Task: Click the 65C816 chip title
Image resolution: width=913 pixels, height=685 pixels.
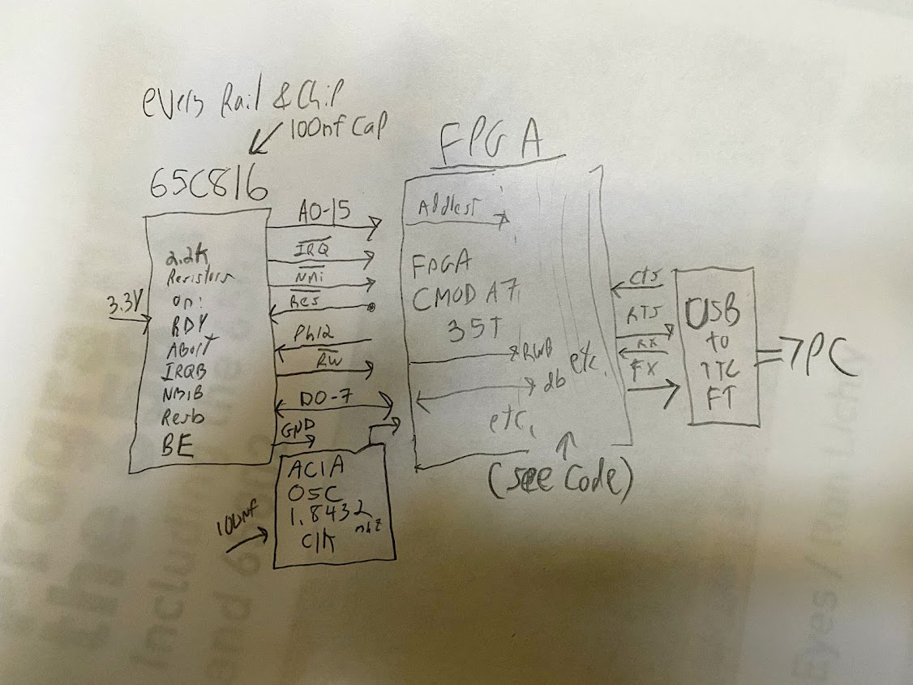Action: pyautogui.click(x=208, y=187)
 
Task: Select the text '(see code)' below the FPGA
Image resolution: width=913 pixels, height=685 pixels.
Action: pyautogui.click(x=560, y=480)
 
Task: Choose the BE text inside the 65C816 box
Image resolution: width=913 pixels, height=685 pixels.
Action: pyautogui.click(x=176, y=446)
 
